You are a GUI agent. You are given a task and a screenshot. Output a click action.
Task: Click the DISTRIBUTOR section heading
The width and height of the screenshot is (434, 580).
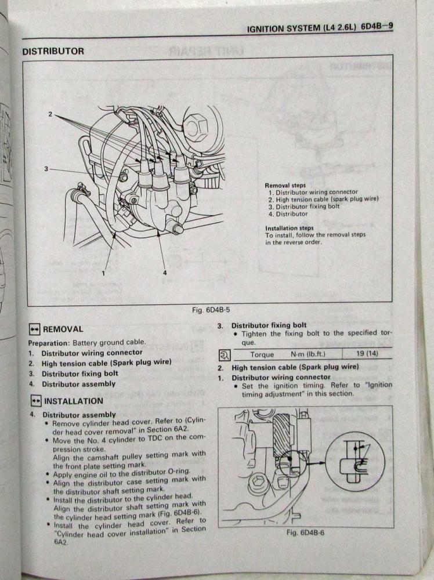coord(53,51)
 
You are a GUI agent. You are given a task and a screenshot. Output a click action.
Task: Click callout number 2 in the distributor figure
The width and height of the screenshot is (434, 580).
coord(51,114)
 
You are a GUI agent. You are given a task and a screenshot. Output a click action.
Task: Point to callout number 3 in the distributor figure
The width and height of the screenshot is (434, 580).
coord(46,168)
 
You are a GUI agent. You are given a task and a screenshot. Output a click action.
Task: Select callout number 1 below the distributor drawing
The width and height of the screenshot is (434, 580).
coord(103,273)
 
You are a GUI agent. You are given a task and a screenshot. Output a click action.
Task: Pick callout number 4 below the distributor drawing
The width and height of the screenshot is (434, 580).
coord(164,273)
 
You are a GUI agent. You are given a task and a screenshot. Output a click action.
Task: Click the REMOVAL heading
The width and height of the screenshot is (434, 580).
coord(63,329)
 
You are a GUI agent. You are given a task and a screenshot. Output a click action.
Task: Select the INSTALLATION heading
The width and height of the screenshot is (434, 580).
coord(74,401)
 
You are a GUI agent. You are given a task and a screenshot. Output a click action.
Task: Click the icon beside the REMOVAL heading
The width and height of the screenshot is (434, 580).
coord(34,329)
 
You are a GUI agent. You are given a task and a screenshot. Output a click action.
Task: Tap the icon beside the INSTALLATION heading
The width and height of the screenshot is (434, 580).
coord(35,401)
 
